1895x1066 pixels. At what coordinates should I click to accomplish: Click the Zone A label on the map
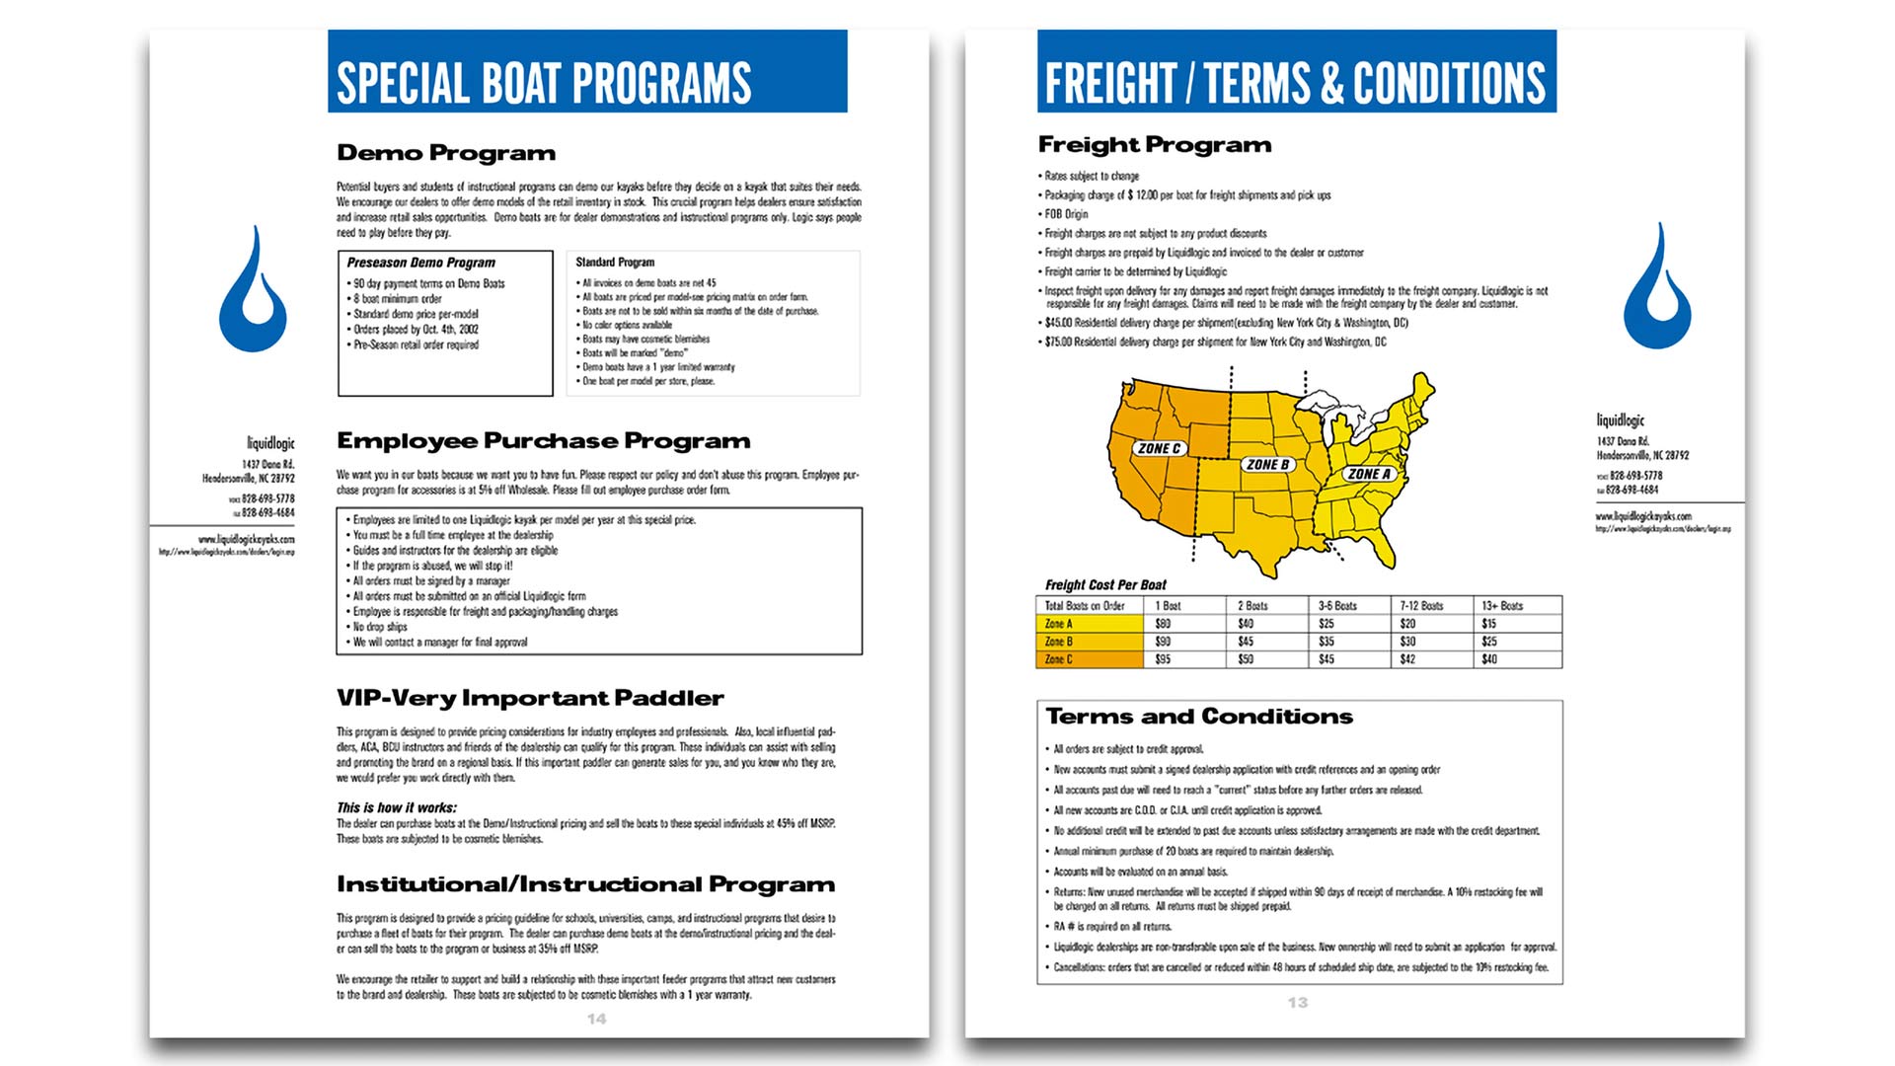pos(1369,474)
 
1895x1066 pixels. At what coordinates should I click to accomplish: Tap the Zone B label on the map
pos(1267,464)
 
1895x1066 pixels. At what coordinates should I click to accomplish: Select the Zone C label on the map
pos(1159,448)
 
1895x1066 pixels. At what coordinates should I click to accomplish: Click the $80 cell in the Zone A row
pos(1164,624)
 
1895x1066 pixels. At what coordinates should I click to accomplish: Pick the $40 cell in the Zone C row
pos(1488,659)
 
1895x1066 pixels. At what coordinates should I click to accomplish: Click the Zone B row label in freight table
pos(1058,642)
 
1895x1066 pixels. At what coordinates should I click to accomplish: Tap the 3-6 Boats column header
pos(1337,606)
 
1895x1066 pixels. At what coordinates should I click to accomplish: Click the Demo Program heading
pos(446,153)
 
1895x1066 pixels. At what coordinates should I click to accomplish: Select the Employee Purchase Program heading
pos(544,441)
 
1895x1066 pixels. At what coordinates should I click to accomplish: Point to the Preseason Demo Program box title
pos(421,263)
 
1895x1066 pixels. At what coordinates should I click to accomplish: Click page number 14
pos(596,1019)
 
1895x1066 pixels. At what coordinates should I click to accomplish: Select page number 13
pos(1297,1003)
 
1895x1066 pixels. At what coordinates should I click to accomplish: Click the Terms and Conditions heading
pos(1199,717)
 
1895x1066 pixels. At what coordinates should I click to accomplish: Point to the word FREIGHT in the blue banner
pos(1110,83)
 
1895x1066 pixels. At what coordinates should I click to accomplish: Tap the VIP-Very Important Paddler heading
pos(530,699)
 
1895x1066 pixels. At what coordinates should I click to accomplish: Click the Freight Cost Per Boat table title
pos(1105,585)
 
